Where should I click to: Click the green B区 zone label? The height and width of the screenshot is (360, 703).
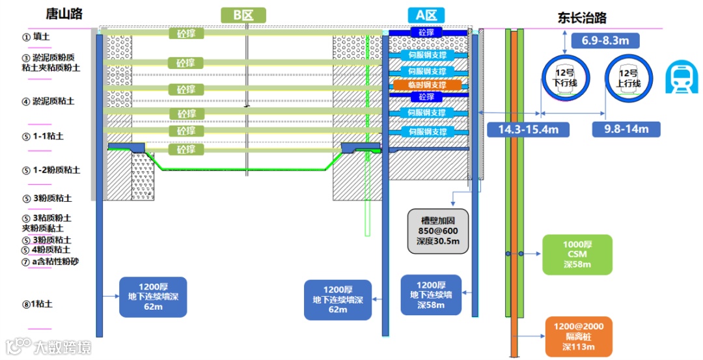tap(243, 15)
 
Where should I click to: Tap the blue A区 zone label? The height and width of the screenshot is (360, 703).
tap(426, 15)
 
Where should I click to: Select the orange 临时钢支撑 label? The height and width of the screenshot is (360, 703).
tap(427, 85)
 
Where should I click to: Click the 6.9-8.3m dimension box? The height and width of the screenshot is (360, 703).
tap(605, 41)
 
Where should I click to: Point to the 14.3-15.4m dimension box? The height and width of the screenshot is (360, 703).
tap(528, 130)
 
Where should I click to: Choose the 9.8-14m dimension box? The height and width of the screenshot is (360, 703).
tap(626, 129)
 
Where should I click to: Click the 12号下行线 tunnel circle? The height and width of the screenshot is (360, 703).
tap(566, 79)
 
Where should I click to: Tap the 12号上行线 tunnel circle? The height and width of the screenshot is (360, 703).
tap(629, 79)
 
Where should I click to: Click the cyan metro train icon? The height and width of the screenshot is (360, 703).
tap(682, 77)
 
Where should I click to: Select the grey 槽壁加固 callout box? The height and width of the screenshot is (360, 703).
tap(437, 231)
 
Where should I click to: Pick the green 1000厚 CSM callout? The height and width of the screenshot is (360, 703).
tap(577, 254)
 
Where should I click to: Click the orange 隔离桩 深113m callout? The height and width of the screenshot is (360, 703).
tap(579, 337)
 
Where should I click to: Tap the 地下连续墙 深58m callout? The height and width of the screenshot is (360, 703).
tap(431, 295)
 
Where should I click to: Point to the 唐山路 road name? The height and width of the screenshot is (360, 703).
tap(64, 14)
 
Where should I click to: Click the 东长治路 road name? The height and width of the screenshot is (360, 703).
tap(582, 18)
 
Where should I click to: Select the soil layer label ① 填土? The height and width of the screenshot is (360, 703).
tap(36, 36)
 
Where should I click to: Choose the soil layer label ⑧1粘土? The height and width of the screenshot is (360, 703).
tap(38, 304)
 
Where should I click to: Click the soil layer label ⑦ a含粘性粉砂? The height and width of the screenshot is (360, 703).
tap(50, 261)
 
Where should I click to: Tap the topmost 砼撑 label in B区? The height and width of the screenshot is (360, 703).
tap(186, 33)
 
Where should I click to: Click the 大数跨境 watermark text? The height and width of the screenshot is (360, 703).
tap(62, 347)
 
